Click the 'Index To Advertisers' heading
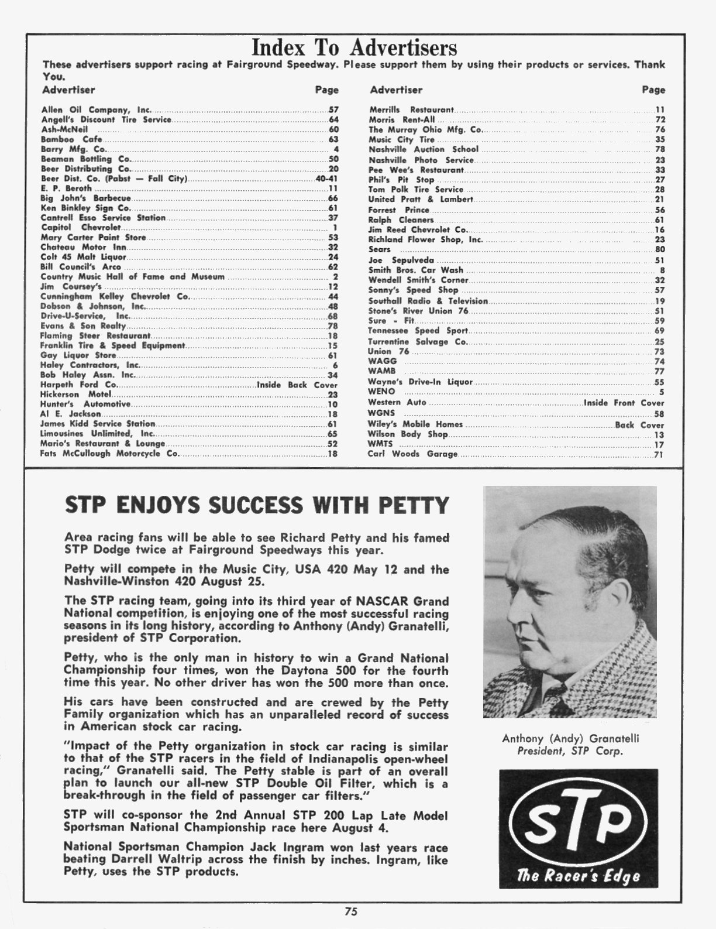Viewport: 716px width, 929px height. tap(354, 47)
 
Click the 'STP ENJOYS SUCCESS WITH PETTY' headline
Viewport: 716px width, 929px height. tap(257, 505)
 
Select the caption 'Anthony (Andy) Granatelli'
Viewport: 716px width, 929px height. tap(570, 738)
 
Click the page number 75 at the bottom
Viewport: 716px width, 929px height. tap(351, 911)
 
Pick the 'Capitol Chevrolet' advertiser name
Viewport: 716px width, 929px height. tap(81, 228)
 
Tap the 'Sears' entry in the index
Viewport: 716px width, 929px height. tap(379, 249)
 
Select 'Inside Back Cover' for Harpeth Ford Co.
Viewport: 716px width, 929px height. tap(297, 385)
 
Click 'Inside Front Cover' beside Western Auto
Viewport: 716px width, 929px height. tap(624, 403)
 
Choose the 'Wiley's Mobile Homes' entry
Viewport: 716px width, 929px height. tap(415, 424)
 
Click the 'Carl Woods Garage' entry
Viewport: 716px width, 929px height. tap(412, 454)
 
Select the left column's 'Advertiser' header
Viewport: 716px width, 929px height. tap(68, 90)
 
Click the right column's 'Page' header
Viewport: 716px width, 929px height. tap(653, 90)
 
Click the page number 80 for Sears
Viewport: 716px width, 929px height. tap(659, 249)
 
